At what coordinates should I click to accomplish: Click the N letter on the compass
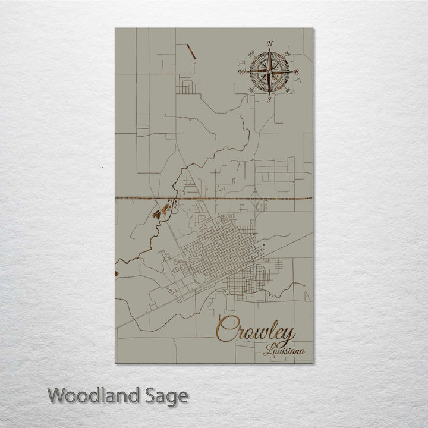(270, 43)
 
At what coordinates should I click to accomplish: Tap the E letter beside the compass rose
(297, 73)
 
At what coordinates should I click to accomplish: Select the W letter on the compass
(243, 72)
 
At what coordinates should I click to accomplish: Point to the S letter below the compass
(269, 100)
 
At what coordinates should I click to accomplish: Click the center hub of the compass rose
(269, 72)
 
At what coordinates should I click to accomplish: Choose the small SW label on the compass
(250, 90)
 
